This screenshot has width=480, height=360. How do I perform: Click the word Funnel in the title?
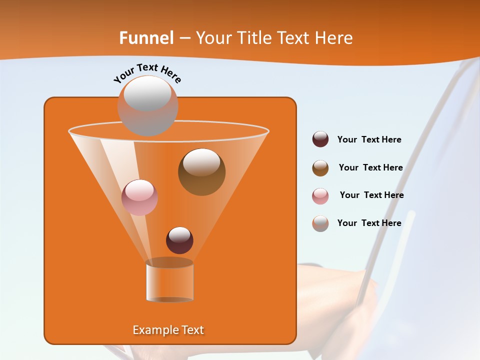point(146,38)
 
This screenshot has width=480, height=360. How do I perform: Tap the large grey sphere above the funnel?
point(147,105)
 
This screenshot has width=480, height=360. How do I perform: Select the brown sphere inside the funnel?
point(201,171)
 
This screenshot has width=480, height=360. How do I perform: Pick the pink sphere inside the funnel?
point(139,197)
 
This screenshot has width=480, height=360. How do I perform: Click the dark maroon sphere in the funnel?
point(179,240)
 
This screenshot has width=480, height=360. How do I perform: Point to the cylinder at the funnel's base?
point(169,280)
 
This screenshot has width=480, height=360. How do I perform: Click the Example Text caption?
point(168,330)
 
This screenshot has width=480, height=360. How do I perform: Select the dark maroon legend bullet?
point(320,139)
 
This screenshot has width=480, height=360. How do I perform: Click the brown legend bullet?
point(320,168)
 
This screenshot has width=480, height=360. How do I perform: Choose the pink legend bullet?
point(320,196)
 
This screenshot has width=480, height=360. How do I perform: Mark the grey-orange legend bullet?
point(320,223)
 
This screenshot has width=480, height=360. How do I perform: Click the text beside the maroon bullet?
point(369,140)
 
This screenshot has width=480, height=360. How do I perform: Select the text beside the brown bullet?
point(370,168)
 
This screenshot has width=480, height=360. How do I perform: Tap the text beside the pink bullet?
point(371,195)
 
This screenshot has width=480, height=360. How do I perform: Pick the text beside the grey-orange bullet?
point(369,223)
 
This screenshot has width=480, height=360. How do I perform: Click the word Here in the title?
point(334,38)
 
